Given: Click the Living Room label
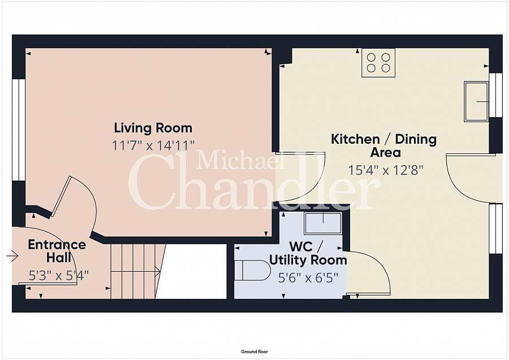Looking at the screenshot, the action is (153, 128).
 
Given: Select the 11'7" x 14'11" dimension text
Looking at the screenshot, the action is (153, 145).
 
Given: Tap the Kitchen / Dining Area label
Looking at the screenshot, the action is (383, 145).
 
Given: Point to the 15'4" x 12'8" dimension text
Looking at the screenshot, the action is (385, 170).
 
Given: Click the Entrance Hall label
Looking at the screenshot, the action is (57, 251).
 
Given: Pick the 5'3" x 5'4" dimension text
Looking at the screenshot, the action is (58, 276).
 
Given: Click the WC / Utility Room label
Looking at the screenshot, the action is (308, 254).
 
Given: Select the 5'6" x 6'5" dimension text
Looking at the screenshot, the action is (308, 278).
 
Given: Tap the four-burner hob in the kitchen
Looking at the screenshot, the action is (378, 63).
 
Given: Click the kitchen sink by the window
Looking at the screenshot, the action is (476, 101).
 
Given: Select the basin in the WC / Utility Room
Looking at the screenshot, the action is (323, 223).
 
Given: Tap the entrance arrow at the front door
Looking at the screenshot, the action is (12, 256).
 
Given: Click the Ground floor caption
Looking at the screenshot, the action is (255, 352).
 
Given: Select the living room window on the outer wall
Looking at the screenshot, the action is (19, 130).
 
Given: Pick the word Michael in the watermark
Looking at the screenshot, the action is (240, 160).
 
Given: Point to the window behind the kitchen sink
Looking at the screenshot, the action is (495, 95).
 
